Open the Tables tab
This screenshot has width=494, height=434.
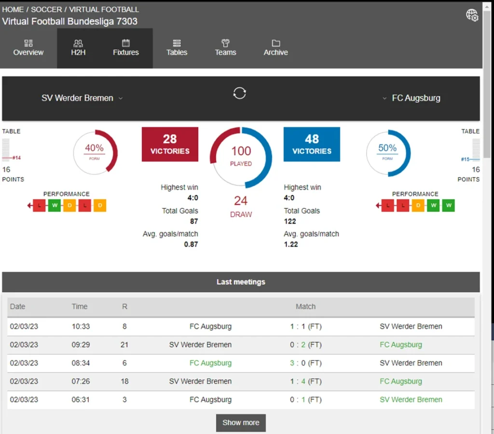pyautogui.click(x=177, y=48)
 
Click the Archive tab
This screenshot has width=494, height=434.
pyautogui.click(x=275, y=48)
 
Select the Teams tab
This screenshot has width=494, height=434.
pyautogui.click(x=225, y=48)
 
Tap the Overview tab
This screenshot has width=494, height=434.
pyautogui.click(x=28, y=48)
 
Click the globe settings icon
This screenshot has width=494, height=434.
pyautogui.click(x=472, y=15)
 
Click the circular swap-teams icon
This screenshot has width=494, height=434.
pyautogui.click(x=240, y=93)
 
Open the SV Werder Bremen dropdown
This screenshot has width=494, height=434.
pyautogui.click(x=82, y=98)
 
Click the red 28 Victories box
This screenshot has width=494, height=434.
pyautogui.click(x=170, y=144)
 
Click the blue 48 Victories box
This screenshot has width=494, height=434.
pyautogui.click(x=312, y=144)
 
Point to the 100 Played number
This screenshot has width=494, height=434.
pyautogui.click(x=241, y=151)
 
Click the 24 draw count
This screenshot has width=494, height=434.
pyautogui.click(x=241, y=201)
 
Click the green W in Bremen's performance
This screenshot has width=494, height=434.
pyautogui.click(x=55, y=206)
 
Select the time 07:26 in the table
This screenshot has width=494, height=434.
pyautogui.click(x=81, y=381)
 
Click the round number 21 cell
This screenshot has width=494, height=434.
pyautogui.click(x=124, y=345)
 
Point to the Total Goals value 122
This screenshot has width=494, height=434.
pyautogui.click(x=290, y=221)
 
